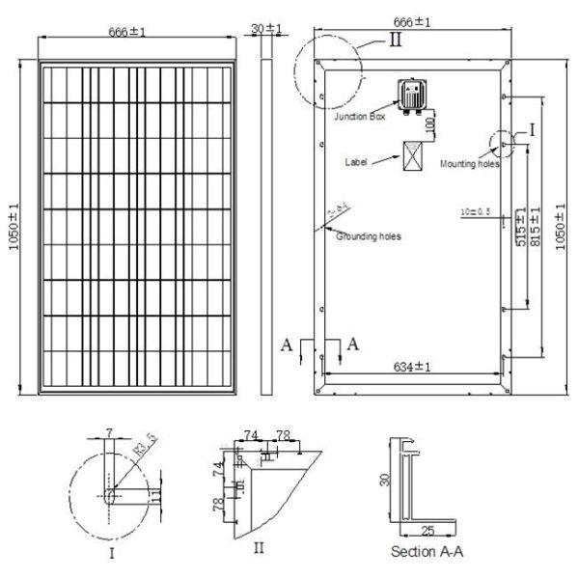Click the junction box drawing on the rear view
click(x=414, y=95)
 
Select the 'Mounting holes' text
click(x=470, y=164)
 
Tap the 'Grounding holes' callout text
click(x=369, y=235)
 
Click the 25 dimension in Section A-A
click(x=427, y=530)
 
